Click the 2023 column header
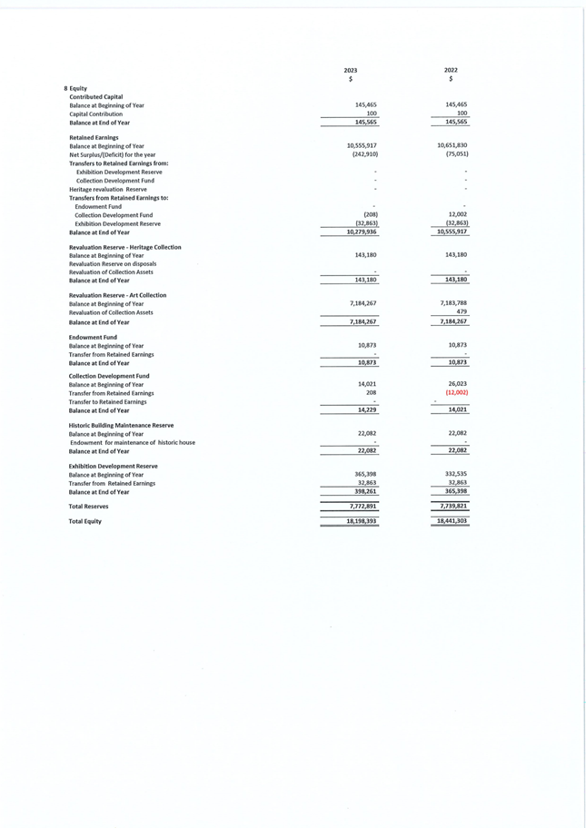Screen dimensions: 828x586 (x=351, y=70)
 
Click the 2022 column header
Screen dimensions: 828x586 (x=451, y=70)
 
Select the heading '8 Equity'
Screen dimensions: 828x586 (x=75, y=88)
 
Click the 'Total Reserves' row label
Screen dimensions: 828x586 (x=91, y=505)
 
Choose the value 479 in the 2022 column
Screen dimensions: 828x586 (x=462, y=311)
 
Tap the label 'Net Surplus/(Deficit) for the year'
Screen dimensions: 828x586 (x=112, y=154)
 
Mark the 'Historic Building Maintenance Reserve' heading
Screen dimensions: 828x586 (x=121, y=425)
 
